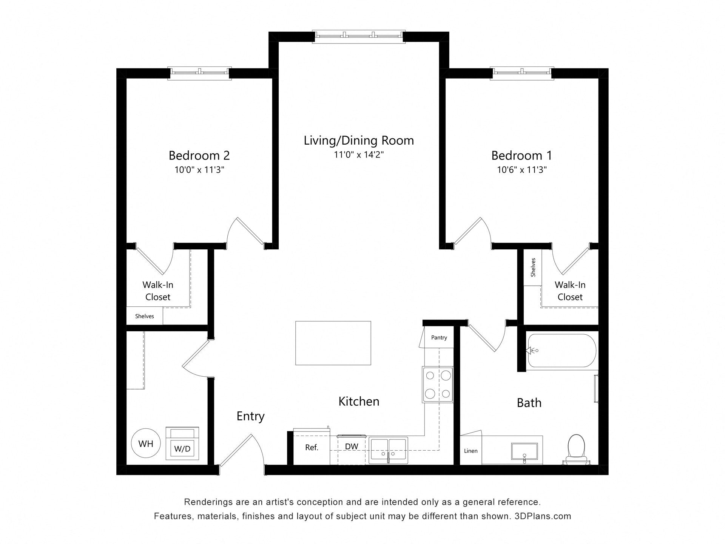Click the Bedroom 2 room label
199,155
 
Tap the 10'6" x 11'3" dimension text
521,170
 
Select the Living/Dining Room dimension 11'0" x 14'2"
359,155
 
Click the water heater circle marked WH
146,444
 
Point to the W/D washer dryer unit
182,444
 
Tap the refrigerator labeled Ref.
312,447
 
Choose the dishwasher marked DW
352,450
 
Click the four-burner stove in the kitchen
438,385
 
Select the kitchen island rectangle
333,343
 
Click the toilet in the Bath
576,450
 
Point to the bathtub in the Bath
562,351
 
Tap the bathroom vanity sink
524,451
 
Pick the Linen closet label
470,451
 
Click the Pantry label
439,337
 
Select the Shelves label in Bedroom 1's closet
533,267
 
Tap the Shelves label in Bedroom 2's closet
145,316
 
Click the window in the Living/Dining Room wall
359,37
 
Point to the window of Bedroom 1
522,73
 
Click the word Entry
250,416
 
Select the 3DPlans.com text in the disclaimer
543,516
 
